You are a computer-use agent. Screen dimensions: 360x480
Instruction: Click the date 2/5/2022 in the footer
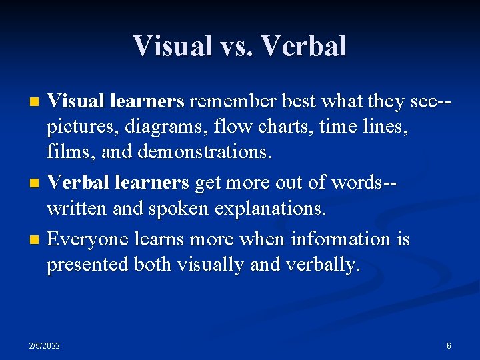pos(45,346)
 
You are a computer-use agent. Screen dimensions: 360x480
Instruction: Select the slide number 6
pos(449,346)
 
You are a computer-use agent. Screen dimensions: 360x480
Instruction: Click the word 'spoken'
pos(173,209)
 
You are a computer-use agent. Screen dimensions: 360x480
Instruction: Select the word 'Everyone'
pos(90,239)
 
